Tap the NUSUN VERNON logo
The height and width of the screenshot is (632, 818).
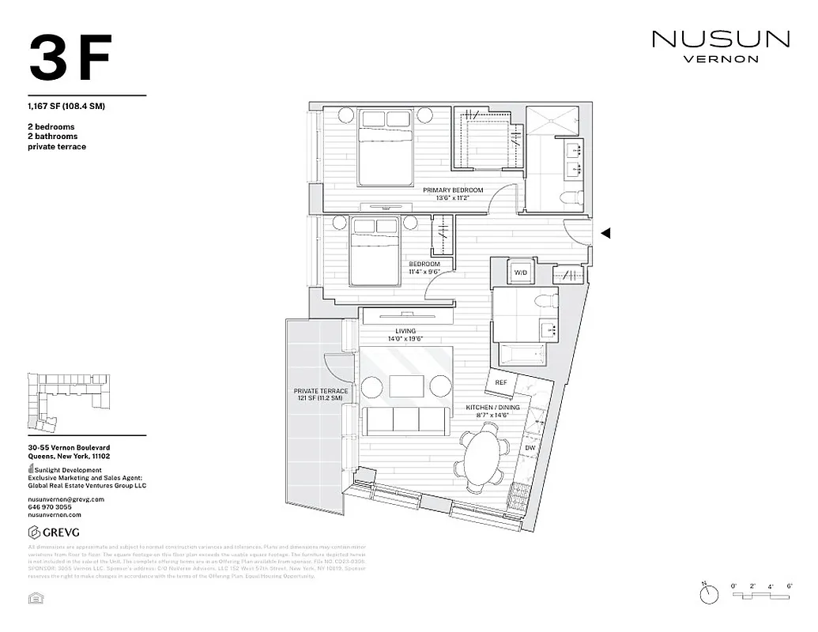click(x=720, y=46)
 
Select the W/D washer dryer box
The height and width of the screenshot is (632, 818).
click(x=520, y=273)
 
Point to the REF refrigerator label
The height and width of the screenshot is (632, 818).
click(x=500, y=382)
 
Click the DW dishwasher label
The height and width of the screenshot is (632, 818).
click(x=530, y=447)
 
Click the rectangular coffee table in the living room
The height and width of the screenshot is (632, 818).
click(x=406, y=386)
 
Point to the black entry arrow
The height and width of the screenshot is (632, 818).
click(x=606, y=233)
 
